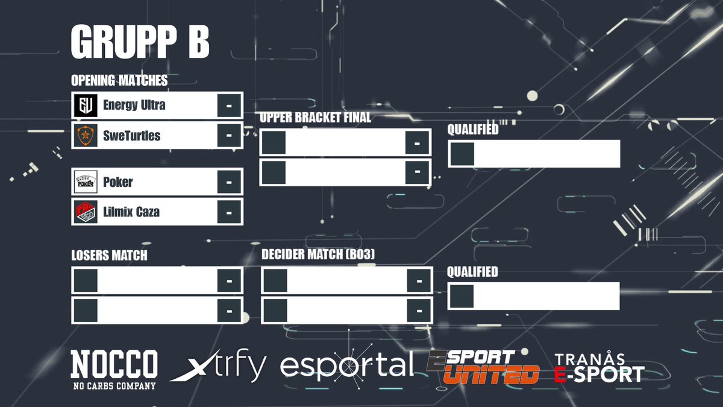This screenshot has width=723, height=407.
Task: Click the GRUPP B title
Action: coord(140,43)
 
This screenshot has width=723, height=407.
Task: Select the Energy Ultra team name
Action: coord(134,105)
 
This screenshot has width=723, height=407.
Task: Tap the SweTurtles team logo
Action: coord(86,136)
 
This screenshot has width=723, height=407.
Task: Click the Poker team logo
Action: coord(86,181)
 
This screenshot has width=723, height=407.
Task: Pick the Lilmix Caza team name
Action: coord(131,212)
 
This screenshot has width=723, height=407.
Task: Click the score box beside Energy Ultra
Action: coord(229,106)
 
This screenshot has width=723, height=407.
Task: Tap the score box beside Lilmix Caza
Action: coord(229,212)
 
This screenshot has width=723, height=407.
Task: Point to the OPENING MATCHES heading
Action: coord(119,80)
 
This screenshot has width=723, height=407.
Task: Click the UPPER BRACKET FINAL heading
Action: coord(315,118)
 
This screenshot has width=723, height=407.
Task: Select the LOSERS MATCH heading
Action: coord(109,256)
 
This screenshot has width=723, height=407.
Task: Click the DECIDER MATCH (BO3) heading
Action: coord(318,255)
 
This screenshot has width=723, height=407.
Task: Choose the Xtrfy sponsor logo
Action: coord(218,367)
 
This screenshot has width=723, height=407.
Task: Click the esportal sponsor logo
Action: coord(348,364)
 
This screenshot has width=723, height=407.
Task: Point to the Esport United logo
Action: coord(483,367)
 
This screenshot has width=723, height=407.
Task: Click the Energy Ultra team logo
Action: coord(86,106)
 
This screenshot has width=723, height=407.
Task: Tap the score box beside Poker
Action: coord(229,181)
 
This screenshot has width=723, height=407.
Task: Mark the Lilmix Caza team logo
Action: coord(86,212)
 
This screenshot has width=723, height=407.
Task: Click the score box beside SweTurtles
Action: coord(229,136)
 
